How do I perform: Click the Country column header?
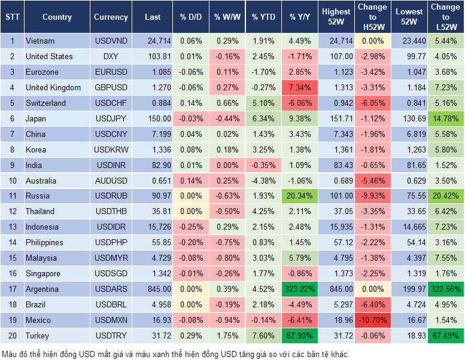point(57,17)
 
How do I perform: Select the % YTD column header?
point(263,17)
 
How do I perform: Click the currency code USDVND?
point(111,41)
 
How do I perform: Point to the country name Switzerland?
point(46,103)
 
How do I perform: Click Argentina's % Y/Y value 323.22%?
point(301,289)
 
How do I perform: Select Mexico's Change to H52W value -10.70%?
point(372,320)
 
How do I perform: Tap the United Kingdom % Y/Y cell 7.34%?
point(301,87)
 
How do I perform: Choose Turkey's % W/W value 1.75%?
point(227,335)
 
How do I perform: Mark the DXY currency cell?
point(111,56)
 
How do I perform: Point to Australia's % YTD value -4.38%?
point(263,180)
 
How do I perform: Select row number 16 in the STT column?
point(12,273)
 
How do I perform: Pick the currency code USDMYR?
point(111,258)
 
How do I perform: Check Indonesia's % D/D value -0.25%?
point(190,227)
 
